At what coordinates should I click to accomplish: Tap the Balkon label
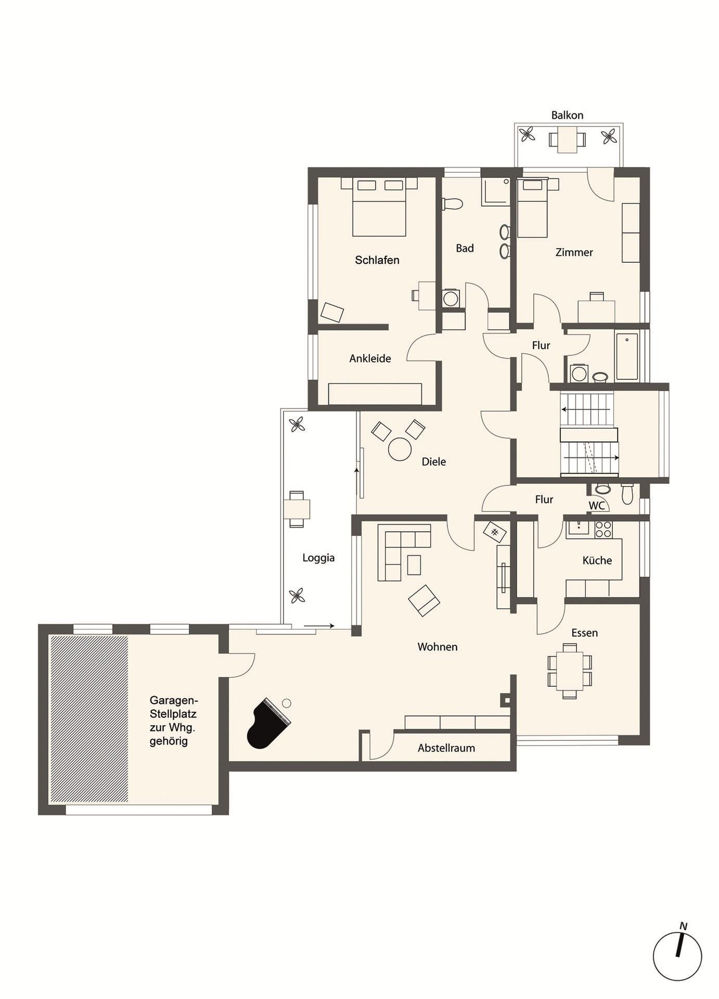click(x=567, y=115)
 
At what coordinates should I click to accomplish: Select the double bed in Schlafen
click(x=379, y=207)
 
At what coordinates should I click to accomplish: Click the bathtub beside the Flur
click(x=627, y=356)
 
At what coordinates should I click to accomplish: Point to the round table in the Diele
click(x=400, y=450)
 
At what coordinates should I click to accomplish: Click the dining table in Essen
click(x=570, y=671)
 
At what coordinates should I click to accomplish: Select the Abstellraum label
click(x=446, y=748)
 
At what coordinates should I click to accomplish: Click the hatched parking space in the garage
click(x=88, y=719)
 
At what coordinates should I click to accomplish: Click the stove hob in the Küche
click(x=604, y=529)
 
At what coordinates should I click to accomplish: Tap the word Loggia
click(x=318, y=558)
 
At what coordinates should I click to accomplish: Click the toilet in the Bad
click(x=452, y=203)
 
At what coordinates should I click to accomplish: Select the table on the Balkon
click(x=567, y=139)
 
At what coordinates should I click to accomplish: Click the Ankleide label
click(x=370, y=358)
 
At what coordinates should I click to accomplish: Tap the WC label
click(x=597, y=505)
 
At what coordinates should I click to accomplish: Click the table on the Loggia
click(x=297, y=508)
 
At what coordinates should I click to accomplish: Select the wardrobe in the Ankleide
click(x=375, y=394)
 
